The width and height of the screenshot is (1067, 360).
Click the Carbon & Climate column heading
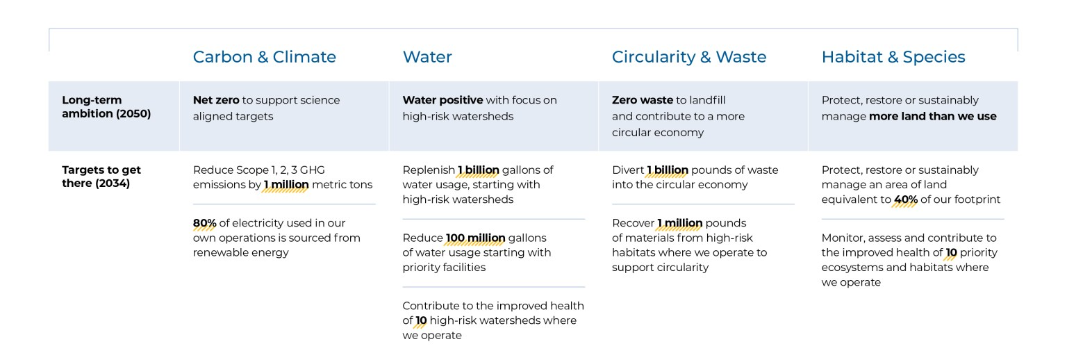(264, 57)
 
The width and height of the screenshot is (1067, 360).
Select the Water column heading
(427, 57)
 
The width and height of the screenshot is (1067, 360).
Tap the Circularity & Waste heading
(689, 57)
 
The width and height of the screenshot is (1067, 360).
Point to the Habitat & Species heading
(893, 57)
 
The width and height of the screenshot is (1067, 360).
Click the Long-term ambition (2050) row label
(106, 107)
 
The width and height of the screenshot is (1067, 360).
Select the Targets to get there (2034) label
(101, 177)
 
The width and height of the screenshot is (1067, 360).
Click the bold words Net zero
(215, 100)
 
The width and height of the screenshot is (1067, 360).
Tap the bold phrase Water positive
(442, 100)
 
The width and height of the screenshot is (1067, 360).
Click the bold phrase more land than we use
(932, 116)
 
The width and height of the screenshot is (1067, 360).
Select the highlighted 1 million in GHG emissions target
(286, 185)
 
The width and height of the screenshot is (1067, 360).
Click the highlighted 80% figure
(205, 223)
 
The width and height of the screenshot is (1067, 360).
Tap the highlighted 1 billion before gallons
(479, 170)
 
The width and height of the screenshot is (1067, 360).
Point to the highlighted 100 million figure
(475, 238)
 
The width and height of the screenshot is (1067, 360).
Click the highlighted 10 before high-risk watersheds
(421, 320)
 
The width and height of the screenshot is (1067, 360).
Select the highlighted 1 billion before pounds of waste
(668, 170)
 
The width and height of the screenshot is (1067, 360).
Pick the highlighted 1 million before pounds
(680, 223)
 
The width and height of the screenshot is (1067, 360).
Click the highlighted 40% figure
(905, 200)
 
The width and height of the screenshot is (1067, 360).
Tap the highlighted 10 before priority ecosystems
(951, 253)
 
